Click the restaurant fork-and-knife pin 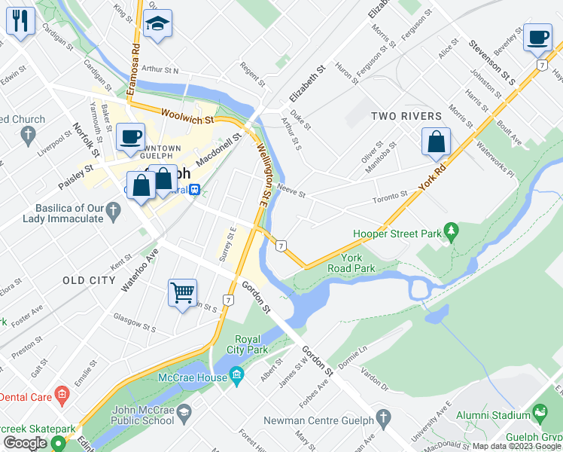(x=20, y=21)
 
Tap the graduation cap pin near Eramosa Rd (x=157, y=25)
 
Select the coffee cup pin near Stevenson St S (x=537, y=38)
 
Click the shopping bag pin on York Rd (x=437, y=142)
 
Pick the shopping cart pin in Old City (x=183, y=293)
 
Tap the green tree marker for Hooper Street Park (x=451, y=233)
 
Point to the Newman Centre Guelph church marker (x=382, y=417)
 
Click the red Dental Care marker (x=62, y=395)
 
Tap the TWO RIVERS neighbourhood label (x=406, y=116)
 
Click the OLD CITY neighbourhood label (x=89, y=280)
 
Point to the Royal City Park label (x=251, y=344)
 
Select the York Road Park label (x=351, y=262)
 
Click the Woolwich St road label (x=188, y=118)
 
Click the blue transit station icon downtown (x=194, y=190)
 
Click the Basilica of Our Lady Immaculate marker (x=113, y=212)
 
